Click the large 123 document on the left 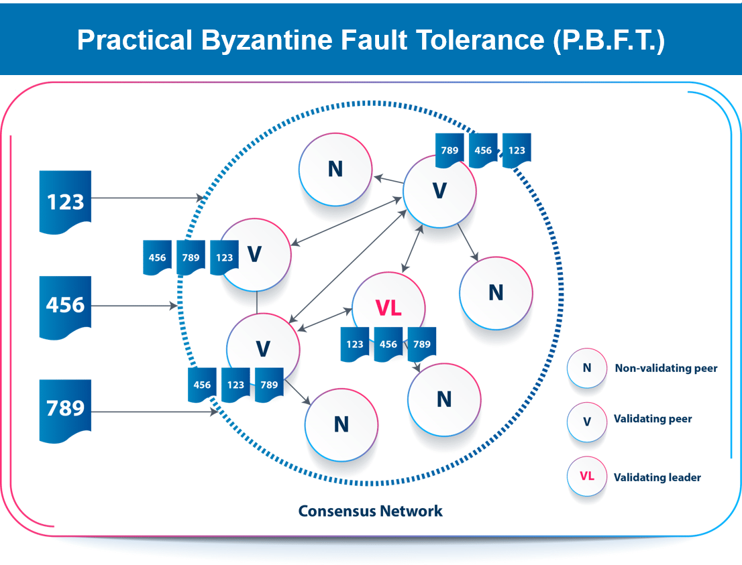coord(65,201)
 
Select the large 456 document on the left coord(65,305)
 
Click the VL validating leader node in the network coord(388,308)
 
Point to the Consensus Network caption coord(370,511)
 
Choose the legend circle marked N coord(586,368)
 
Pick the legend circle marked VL coord(586,477)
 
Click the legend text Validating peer coord(653,419)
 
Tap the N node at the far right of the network coord(496,293)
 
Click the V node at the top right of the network coord(439,191)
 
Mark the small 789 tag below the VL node coord(422,344)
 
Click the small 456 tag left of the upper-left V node coord(158,257)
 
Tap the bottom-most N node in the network coord(341,424)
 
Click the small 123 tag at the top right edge coord(517,151)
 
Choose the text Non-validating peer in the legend coord(666,368)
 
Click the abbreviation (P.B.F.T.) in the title coord(608,40)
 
